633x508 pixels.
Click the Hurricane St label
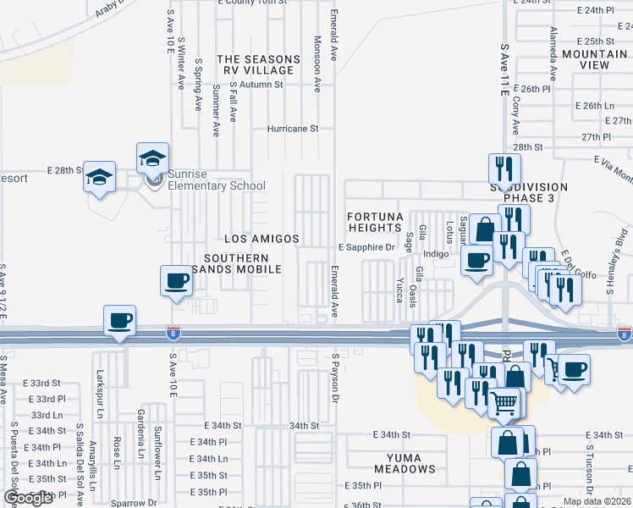pyautogui.click(x=292, y=129)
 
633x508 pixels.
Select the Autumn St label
pyautogui.click(x=260, y=85)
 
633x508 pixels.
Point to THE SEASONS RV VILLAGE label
pyautogui.click(x=258, y=65)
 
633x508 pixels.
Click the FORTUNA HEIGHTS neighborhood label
pyautogui.click(x=373, y=222)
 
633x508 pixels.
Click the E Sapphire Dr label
pyautogui.click(x=366, y=247)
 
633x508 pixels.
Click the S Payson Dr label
pyautogui.click(x=335, y=378)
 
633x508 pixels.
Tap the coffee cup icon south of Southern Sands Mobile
pyautogui.click(x=176, y=281)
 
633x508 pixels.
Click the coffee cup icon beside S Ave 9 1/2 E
pyautogui.click(x=118, y=321)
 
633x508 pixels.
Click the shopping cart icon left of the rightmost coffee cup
pyautogui.click(x=557, y=368)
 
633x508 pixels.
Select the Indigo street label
pyautogui.click(x=436, y=253)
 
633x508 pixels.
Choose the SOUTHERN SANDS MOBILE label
pyautogui.click(x=241, y=263)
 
